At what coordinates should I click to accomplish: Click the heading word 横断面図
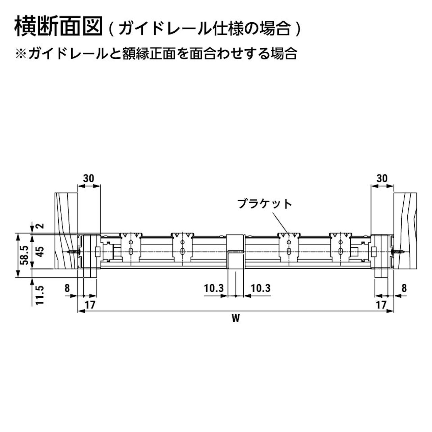58,27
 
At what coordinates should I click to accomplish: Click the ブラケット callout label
264,204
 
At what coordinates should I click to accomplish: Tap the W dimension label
236,318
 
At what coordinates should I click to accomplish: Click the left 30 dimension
89,178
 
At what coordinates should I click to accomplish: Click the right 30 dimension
382,178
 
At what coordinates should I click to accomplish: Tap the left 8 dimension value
67,288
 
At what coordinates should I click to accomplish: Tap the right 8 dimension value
404,288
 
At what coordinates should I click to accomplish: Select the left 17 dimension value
90,305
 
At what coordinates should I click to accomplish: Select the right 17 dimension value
381,305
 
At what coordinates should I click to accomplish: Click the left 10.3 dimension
214,288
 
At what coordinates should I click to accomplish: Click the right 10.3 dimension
261,288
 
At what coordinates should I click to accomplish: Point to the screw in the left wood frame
74,252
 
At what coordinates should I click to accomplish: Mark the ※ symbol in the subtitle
21,54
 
